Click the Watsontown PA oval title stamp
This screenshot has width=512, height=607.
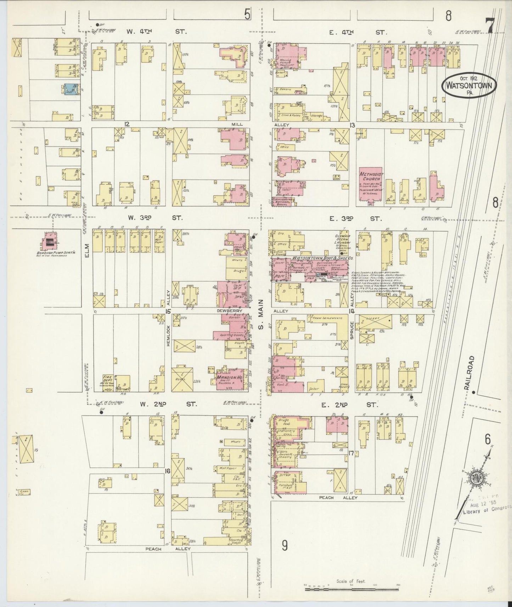click(469, 85)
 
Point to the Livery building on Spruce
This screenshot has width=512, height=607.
click(376, 322)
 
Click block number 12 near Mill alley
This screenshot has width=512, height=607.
click(127, 124)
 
